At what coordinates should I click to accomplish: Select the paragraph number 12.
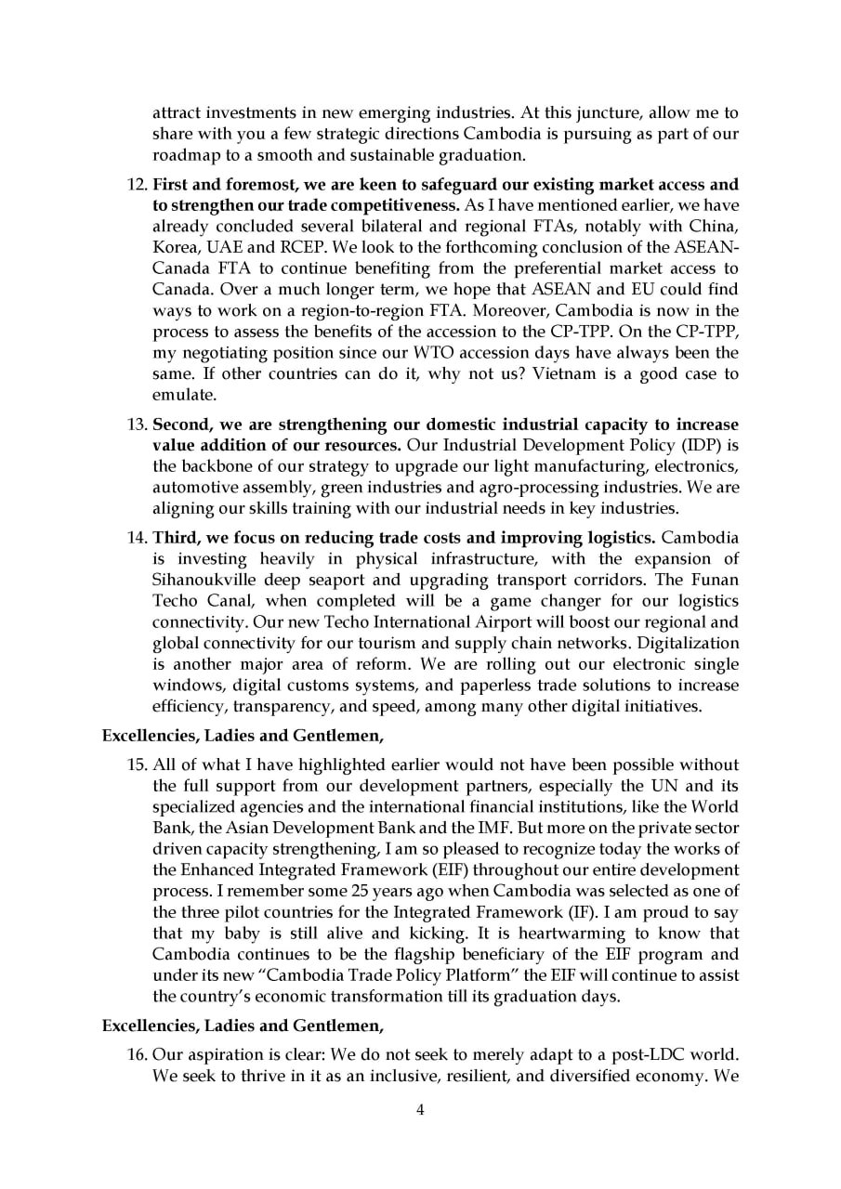click(136, 184)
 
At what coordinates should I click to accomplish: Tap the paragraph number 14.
click(136, 538)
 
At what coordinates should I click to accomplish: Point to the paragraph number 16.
click(136, 1054)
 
